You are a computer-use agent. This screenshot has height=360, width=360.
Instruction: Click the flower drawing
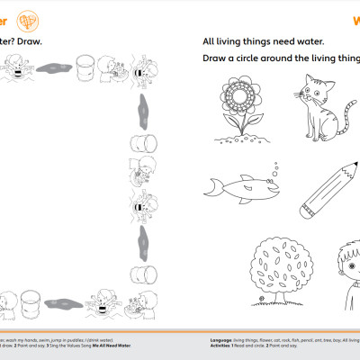point(241,108)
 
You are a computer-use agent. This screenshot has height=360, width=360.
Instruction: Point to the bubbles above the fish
point(276,165)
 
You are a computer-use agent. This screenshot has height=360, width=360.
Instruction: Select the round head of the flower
point(241,94)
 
